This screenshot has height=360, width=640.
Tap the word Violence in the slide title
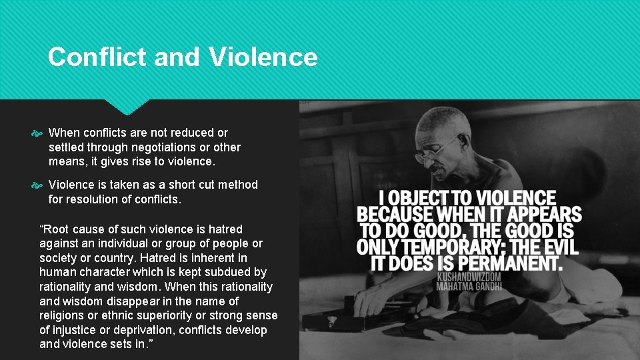[263, 57]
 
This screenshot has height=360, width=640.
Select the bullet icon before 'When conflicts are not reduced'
[37, 133]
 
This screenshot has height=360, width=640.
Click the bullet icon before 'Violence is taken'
[37, 185]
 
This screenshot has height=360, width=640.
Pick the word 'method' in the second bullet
[239, 185]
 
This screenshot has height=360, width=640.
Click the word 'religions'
[61, 315]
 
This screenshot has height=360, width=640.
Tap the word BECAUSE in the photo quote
[396, 215]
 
